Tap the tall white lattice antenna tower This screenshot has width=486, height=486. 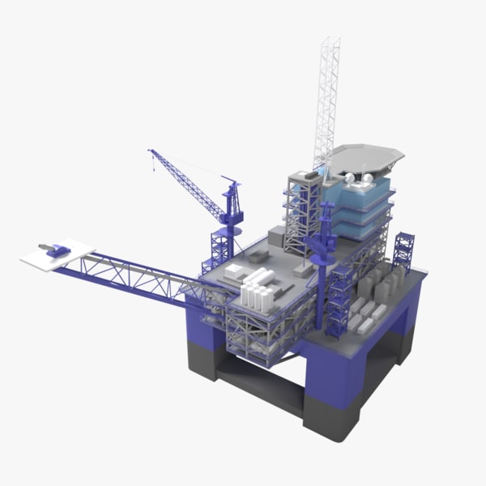[326, 97]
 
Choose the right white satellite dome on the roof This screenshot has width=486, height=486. [367, 177]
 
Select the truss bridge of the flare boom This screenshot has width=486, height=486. [138, 275]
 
